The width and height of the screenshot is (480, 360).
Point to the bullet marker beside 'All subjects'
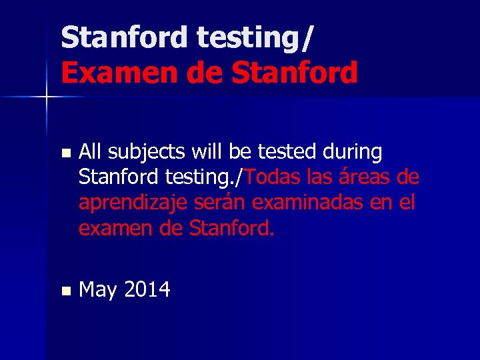(x=65, y=153)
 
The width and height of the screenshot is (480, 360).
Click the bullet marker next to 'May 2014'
(x=65, y=291)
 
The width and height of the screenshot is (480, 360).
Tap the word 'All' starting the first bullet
(x=90, y=153)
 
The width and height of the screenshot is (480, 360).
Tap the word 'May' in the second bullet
(x=98, y=291)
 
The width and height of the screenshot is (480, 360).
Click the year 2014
(x=147, y=290)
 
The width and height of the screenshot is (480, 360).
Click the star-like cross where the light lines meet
(x=47, y=97)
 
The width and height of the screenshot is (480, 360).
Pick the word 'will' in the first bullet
(x=207, y=153)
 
